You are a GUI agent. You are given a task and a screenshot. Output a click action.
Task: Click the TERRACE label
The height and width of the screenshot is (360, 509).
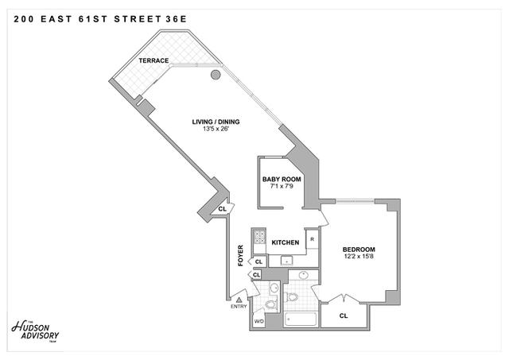pos(153,61)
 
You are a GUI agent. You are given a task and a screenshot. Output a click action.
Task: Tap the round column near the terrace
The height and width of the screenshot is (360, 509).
pos(216,75)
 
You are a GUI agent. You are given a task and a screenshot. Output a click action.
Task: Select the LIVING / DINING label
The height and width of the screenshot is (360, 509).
pos(216,122)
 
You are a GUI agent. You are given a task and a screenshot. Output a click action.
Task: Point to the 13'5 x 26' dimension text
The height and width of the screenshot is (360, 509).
pos(216,130)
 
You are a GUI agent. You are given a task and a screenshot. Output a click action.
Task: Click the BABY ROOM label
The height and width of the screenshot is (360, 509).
pos(282,180)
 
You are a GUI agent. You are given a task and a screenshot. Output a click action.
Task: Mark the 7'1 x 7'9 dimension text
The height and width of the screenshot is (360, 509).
pos(282,188)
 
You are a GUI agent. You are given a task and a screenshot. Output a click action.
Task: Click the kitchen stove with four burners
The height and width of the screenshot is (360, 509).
pos(258,236)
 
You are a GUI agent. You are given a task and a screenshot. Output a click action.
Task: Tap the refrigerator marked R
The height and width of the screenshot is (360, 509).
pos(313,238)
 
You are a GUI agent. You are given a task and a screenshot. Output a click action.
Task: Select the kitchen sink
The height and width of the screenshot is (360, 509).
pos(287,261)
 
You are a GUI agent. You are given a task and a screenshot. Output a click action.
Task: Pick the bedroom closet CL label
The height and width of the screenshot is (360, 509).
pos(344,315)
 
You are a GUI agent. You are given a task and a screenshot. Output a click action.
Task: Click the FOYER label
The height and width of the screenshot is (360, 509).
pos(241,255)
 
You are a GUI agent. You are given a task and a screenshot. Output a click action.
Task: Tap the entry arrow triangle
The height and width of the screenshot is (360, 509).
pos(239,299)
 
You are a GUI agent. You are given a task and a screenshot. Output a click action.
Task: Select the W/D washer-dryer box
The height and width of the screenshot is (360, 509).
pos(258,321)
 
